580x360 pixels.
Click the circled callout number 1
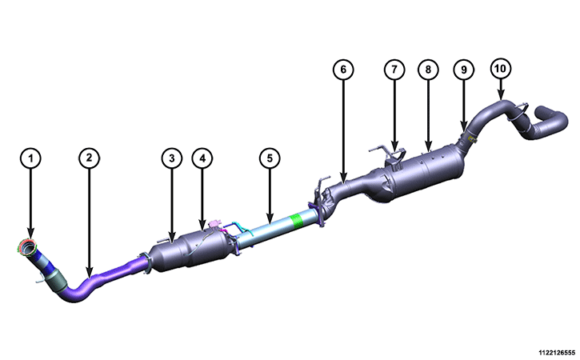30,158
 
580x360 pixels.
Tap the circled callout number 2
89,158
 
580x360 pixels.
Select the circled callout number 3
172,158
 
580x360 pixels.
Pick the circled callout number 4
202,158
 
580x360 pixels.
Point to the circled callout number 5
270,158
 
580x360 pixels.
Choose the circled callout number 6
343,70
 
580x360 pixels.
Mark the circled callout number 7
394,70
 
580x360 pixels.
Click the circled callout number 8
428,70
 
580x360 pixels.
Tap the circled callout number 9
464,70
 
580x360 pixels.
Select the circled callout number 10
501,69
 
